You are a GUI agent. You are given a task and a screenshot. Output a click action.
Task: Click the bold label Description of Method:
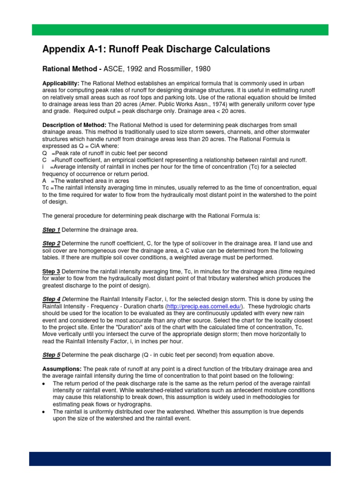(75, 126)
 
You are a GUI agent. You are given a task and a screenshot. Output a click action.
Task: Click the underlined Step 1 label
(52, 230)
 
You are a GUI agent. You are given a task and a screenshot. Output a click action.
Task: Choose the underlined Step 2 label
(52, 244)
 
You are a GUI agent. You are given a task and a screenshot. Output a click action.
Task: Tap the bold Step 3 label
(52, 271)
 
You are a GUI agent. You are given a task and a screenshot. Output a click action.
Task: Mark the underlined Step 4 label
(52, 299)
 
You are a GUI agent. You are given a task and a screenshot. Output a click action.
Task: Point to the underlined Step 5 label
(52, 354)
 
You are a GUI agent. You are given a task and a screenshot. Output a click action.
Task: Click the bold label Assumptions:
(61, 368)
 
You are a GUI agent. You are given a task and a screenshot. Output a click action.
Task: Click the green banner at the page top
(180, 30)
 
